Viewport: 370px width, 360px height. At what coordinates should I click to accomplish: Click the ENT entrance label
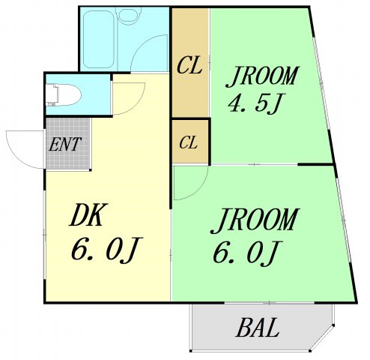point(65,143)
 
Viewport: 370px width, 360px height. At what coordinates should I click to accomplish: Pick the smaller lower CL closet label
point(189,142)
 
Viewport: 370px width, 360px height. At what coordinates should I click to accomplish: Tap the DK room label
point(91,216)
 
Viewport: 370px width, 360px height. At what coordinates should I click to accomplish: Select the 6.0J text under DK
point(106,251)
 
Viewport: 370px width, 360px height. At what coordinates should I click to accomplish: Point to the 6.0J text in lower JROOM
point(248,253)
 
